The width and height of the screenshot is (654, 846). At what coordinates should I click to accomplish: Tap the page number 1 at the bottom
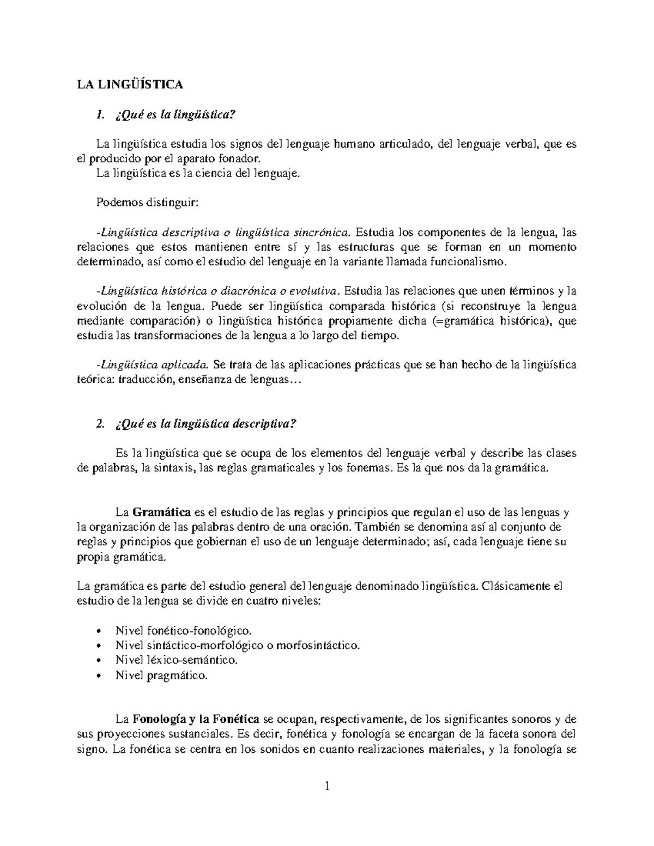point(328,786)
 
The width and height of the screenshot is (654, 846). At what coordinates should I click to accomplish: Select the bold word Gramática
point(161,513)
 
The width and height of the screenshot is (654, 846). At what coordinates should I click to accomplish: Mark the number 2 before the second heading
point(99,425)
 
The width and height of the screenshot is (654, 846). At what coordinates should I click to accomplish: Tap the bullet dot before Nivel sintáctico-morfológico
point(98,646)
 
